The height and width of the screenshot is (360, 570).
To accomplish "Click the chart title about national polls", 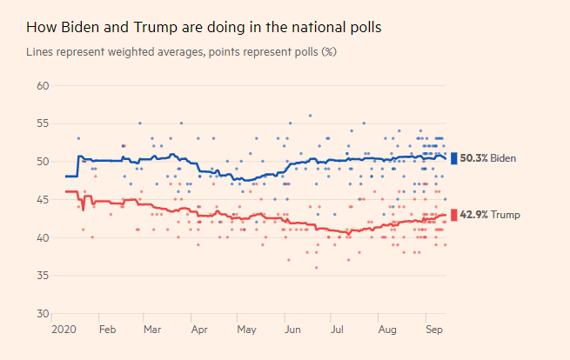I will point(204,27).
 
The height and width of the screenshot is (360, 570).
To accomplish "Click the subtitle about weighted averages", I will point(181,52).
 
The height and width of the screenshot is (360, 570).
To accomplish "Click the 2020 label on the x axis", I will point(64,330).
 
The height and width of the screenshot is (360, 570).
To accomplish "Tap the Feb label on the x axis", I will point(107,330).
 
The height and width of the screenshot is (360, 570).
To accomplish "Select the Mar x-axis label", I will point(152,330).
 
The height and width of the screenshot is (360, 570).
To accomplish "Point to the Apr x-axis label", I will point(199,330).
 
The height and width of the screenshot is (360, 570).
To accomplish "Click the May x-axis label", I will point(246,330).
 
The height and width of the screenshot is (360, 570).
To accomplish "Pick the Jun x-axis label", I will point(293,330).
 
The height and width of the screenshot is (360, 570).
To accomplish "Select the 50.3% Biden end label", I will point(488,158).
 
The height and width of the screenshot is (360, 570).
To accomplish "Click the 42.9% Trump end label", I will point(487,215).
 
